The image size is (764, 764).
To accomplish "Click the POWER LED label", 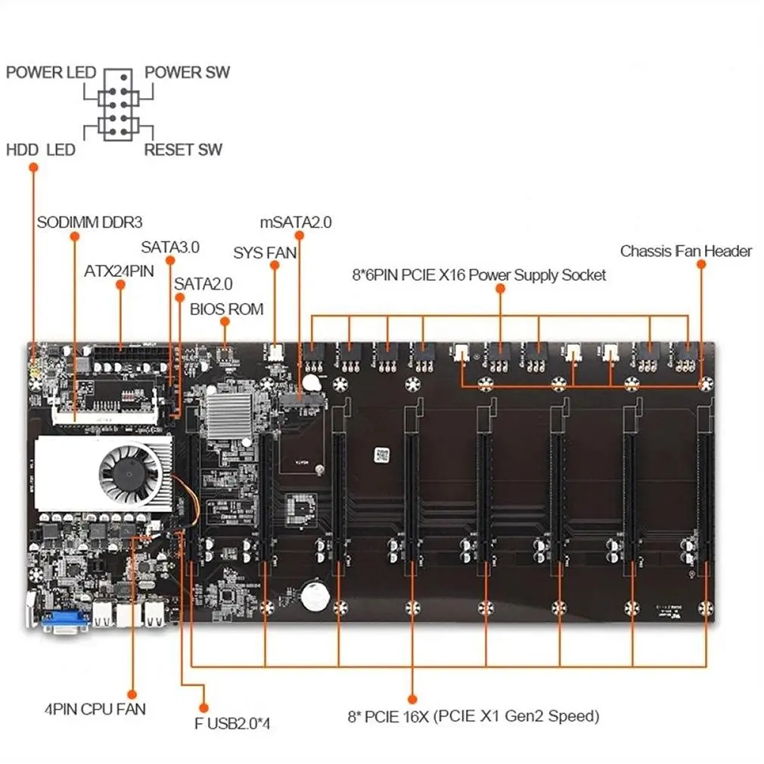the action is (x=51, y=73).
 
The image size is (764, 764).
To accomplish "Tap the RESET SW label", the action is (x=183, y=150).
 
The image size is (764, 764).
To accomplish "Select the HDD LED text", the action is (x=41, y=150).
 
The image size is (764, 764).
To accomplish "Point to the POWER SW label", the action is (x=187, y=72).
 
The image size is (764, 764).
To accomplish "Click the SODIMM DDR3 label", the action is (x=90, y=222).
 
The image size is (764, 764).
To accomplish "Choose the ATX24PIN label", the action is (x=119, y=271).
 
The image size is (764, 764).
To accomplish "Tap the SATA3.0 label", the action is (x=170, y=247).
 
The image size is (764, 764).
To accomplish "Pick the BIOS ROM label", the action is (x=227, y=309).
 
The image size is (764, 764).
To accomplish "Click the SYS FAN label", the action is (x=265, y=253).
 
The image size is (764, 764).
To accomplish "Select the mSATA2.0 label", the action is (x=296, y=222).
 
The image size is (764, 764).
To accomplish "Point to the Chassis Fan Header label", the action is (x=686, y=251).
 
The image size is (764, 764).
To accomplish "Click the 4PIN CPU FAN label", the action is (x=95, y=709).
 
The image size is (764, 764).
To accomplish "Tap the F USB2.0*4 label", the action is (x=232, y=724).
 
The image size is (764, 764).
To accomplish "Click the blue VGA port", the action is (x=65, y=621).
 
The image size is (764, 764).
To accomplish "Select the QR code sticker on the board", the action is (x=381, y=455).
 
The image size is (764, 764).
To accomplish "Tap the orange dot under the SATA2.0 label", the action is (x=180, y=298).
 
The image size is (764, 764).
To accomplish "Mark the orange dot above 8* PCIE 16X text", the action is (x=412, y=700).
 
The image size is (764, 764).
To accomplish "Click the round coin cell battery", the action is (x=315, y=595).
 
